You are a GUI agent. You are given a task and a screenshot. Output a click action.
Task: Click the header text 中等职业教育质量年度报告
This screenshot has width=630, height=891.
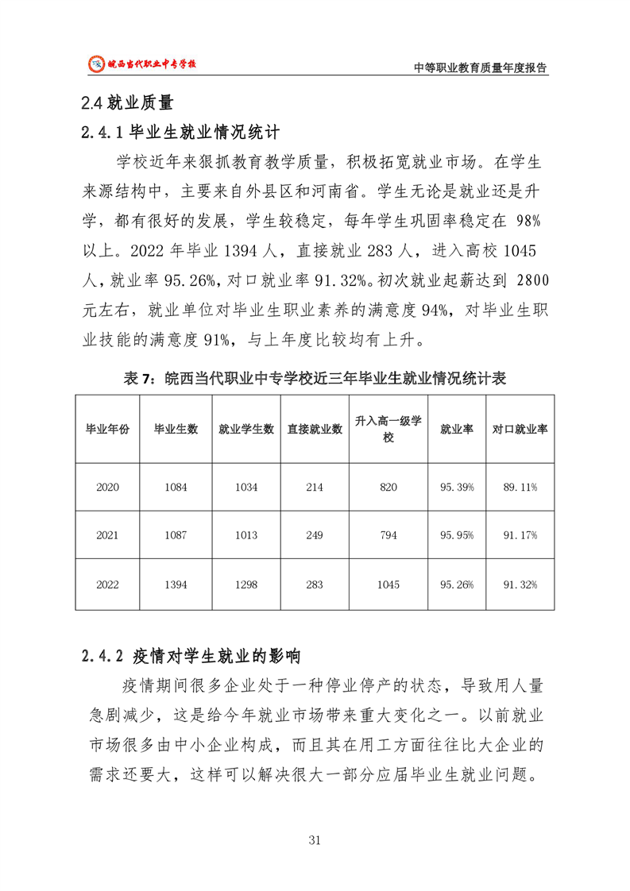click(481, 67)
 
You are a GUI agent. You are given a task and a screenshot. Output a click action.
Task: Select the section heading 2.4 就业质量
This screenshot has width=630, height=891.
click(127, 102)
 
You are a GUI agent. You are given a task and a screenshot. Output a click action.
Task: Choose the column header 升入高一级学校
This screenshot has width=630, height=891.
click(388, 428)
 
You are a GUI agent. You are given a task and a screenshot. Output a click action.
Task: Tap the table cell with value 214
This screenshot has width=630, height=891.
click(315, 487)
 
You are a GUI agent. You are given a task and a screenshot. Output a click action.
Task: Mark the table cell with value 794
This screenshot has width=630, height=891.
click(388, 535)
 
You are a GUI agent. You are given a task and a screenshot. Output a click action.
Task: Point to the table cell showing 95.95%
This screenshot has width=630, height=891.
click(457, 535)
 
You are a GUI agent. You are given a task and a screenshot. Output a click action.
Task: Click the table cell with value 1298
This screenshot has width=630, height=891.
click(246, 584)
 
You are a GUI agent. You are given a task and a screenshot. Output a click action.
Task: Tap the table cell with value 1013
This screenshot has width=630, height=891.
click(246, 535)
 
